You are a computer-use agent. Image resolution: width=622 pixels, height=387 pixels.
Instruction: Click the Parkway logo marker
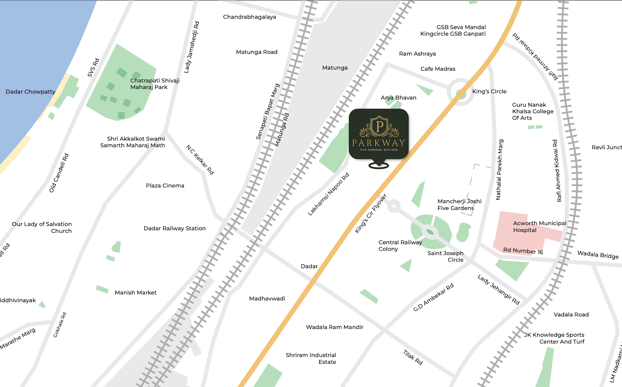point(378,134)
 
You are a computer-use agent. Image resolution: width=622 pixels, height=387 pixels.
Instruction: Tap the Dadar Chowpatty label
point(30,92)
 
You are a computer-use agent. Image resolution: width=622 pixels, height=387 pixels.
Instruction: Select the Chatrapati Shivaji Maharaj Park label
point(155,84)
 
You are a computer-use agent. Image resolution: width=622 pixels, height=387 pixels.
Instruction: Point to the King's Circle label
point(489,91)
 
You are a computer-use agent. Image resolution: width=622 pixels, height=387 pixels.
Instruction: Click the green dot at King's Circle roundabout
point(461,94)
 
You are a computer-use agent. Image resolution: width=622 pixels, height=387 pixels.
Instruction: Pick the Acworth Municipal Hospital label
point(539,227)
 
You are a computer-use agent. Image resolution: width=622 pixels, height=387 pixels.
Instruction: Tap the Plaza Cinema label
point(165,185)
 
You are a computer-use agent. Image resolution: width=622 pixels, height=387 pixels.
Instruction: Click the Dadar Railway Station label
point(175,228)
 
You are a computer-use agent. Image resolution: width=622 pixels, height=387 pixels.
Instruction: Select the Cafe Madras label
point(438,69)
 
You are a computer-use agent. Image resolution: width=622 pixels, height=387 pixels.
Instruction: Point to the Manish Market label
point(135,293)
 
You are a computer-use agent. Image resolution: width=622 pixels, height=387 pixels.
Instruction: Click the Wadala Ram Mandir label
point(334,327)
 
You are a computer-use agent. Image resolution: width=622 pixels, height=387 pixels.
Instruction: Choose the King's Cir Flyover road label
point(371,214)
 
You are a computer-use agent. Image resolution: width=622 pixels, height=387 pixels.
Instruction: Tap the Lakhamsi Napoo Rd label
point(328,194)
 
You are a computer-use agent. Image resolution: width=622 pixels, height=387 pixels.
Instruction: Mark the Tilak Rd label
point(413,357)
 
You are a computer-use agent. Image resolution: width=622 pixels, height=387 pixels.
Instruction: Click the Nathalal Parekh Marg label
point(499,170)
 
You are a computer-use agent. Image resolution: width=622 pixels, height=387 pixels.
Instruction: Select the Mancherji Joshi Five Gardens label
point(459,205)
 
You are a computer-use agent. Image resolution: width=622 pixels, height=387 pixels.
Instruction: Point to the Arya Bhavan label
point(398,97)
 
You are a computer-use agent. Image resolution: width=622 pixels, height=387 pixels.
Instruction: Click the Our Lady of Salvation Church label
point(42,227)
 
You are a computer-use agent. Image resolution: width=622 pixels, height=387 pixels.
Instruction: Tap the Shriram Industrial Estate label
point(311,358)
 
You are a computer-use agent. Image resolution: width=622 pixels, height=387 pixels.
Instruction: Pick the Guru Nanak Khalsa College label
point(533,111)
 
